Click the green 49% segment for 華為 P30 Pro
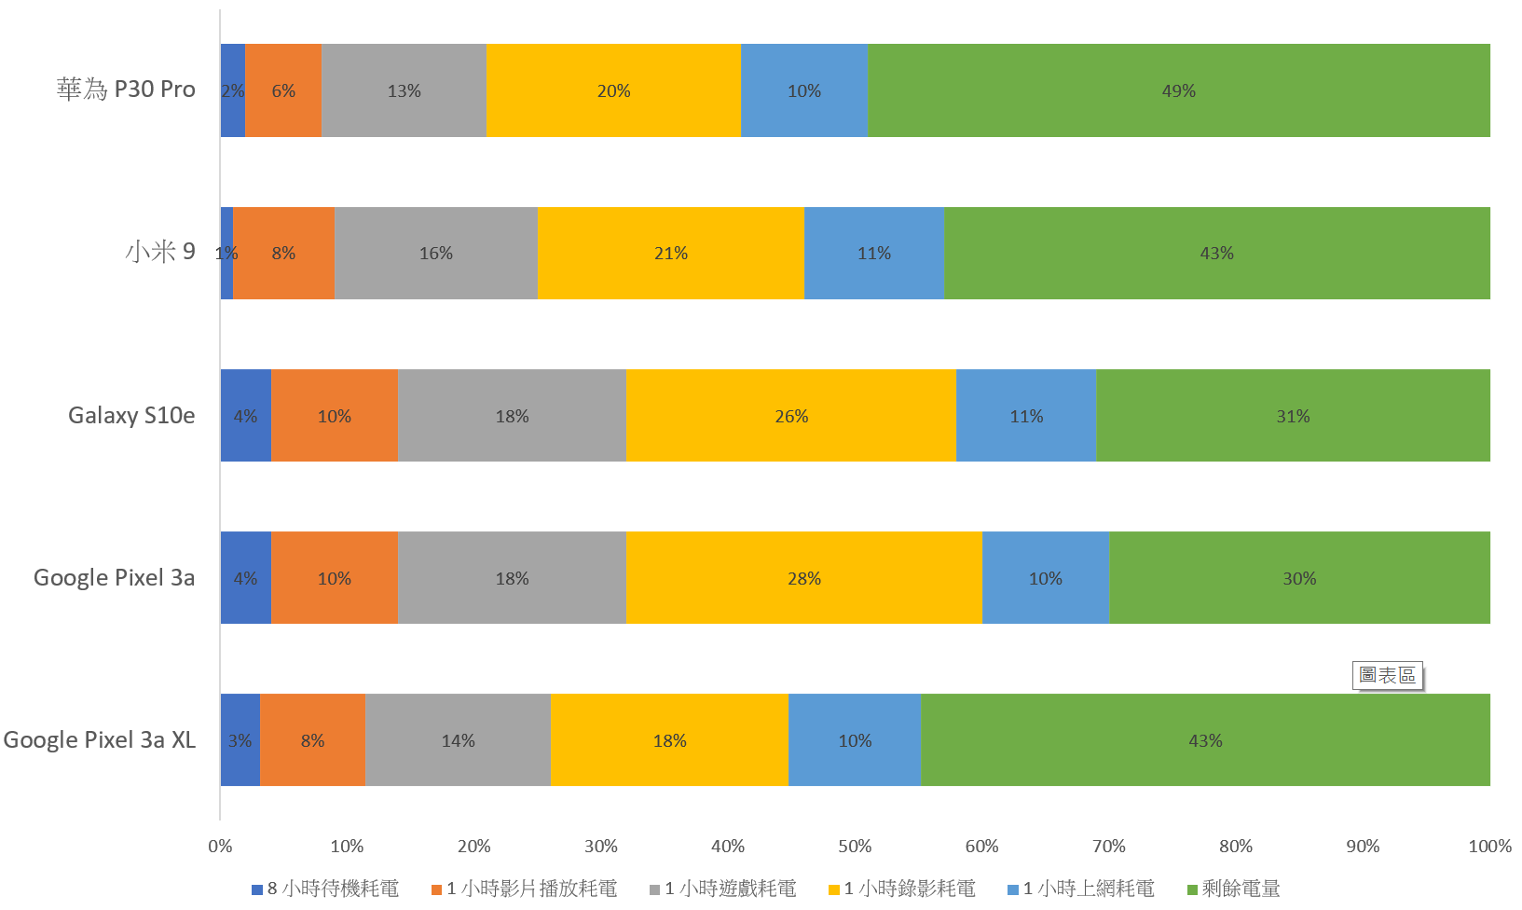click(x=1178, y=90)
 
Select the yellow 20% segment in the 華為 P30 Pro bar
click(x=613, y=90)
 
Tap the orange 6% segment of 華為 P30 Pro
click(x=283, y=90)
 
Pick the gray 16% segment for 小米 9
click(x=435, y=253)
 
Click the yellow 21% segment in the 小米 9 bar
click(x=670, y=253)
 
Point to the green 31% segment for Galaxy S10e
click(x=1293, y=416)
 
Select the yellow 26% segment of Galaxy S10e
click(x=790, y=416)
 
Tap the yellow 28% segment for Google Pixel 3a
click(x=803, y=578)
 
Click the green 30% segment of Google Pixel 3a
click(x=1299, y=578)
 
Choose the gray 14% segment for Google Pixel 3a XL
click(x=458, y=740)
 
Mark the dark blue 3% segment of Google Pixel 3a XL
click(x=240, y=740)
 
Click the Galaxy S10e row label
click(x=131, y=416)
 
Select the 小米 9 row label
click(x=160, y=252)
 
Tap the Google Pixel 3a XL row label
click(x=100, y=740)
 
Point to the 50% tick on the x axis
click(x=855, y=847)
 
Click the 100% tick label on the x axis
click(x=1489, y=847)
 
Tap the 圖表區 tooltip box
click(x=1387, y=675)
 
